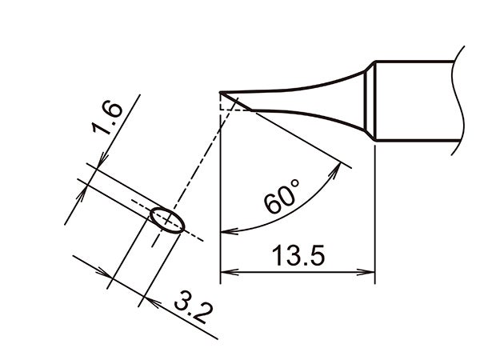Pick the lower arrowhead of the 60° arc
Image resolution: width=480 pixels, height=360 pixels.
pyautogui.click(x=226, y=233)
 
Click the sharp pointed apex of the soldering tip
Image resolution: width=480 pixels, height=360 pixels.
pyautogui.click(x=221, y=94)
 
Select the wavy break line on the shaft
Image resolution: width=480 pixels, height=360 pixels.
pyautogui.click(x=458, y=100)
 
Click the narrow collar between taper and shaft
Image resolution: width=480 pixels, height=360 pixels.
pyautogui.click(x=370, y=101)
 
